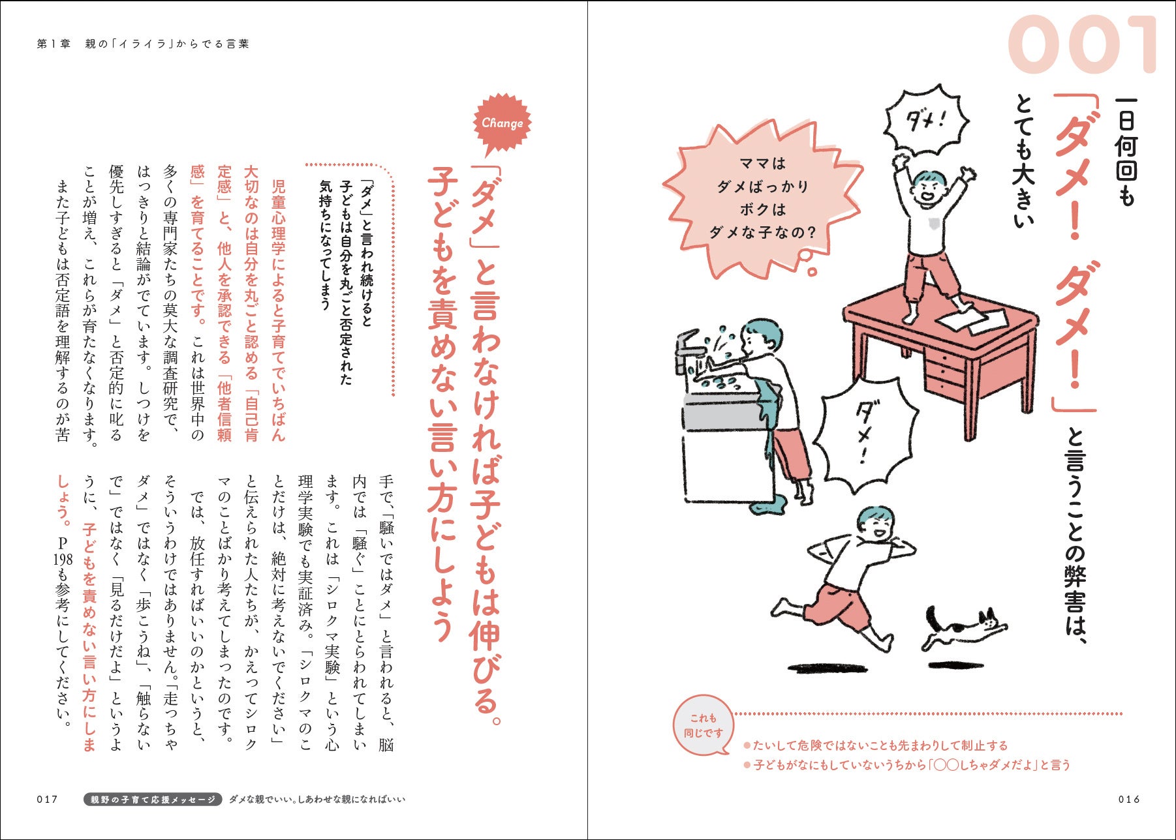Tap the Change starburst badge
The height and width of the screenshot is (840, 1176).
(x=502, y=123)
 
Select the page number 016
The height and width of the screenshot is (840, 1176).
(x=1128, y=800)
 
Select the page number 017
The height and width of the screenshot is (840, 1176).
(x=48, y=800)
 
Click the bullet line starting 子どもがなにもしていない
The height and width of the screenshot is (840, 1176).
(x=907, y=765)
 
